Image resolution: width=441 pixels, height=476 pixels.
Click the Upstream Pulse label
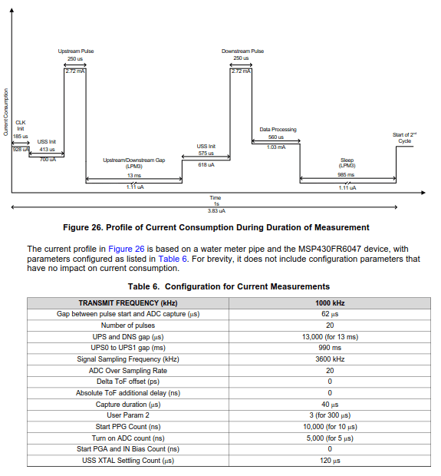coord(76,51)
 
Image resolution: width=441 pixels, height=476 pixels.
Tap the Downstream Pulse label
coord(242,51)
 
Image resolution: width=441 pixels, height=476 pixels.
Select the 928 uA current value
coord(21,150)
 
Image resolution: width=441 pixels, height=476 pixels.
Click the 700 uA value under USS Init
coord(48,159)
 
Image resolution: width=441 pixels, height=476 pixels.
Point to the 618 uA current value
coord(206,164)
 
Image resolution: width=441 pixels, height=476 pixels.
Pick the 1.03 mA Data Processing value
coord(276,147)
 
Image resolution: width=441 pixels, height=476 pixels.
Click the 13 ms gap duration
coord(134,176)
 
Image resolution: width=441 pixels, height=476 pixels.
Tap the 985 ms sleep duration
coord(347,175)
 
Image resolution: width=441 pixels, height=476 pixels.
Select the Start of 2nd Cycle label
coord(404,137)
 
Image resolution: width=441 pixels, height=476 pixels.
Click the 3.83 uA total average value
coord(216,210)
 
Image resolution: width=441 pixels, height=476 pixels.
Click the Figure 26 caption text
coord(216,227)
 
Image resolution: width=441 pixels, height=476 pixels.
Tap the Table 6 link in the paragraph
coord(173,259)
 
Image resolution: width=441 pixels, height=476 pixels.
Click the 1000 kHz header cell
coord(330,303)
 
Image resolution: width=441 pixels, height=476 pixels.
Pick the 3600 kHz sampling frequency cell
coord(330,359)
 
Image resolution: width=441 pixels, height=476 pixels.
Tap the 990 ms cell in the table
coord(330,348)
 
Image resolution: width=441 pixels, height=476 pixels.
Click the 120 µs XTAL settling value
coord(330,461)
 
